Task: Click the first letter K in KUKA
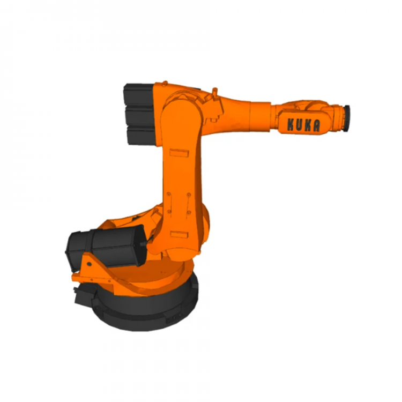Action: (x=291, y=124)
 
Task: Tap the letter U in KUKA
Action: (x=299, y=125)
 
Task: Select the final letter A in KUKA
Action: (x=316, y=126)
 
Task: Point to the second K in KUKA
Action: (x=308, y=125)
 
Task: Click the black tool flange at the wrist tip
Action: (x=347, y=118)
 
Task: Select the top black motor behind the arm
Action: (x=139, y=94)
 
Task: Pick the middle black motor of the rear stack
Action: (x=140, y=116)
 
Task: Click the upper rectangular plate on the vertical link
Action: (x=179, y=153)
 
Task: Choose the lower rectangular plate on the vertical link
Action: (x=180, y=234)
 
